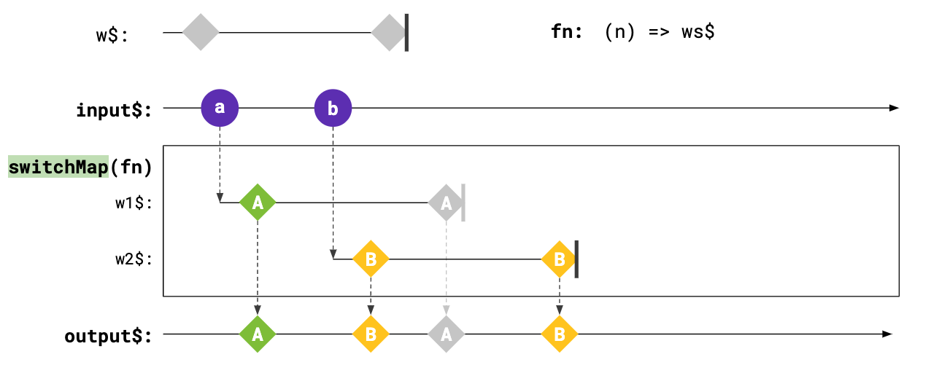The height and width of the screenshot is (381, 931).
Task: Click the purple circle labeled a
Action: pos(220,109)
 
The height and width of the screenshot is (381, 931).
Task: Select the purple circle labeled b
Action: pos(333,109)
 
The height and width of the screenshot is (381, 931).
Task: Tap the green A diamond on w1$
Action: pos(258,203)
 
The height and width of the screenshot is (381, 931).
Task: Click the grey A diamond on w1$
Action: pos(446,203)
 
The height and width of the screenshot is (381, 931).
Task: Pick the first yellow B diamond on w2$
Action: pos(371,259)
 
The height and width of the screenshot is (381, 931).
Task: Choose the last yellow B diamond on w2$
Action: pos(559,259)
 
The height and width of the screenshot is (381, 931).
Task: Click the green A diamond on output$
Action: pos(258,334)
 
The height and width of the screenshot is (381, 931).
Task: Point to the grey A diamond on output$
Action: pos(446,334)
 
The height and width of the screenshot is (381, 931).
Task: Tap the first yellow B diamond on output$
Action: pos(371,334)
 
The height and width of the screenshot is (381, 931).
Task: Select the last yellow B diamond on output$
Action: pos(559,334)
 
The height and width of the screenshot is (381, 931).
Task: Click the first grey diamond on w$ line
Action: pos(201,32)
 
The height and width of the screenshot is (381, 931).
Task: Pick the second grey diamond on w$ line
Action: pos(389,32)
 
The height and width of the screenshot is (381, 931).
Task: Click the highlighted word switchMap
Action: pos(58,167)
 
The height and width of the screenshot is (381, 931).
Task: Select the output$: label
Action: pos(108,336)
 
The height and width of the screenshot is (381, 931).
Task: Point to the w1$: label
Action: pos(134,203)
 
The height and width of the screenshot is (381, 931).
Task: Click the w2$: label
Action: pos(134,259)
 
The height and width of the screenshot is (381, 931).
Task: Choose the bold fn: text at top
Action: pos(567,33)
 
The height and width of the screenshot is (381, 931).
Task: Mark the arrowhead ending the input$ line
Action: pos(894,109)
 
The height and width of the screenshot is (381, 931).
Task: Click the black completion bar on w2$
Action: pos(576,259)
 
